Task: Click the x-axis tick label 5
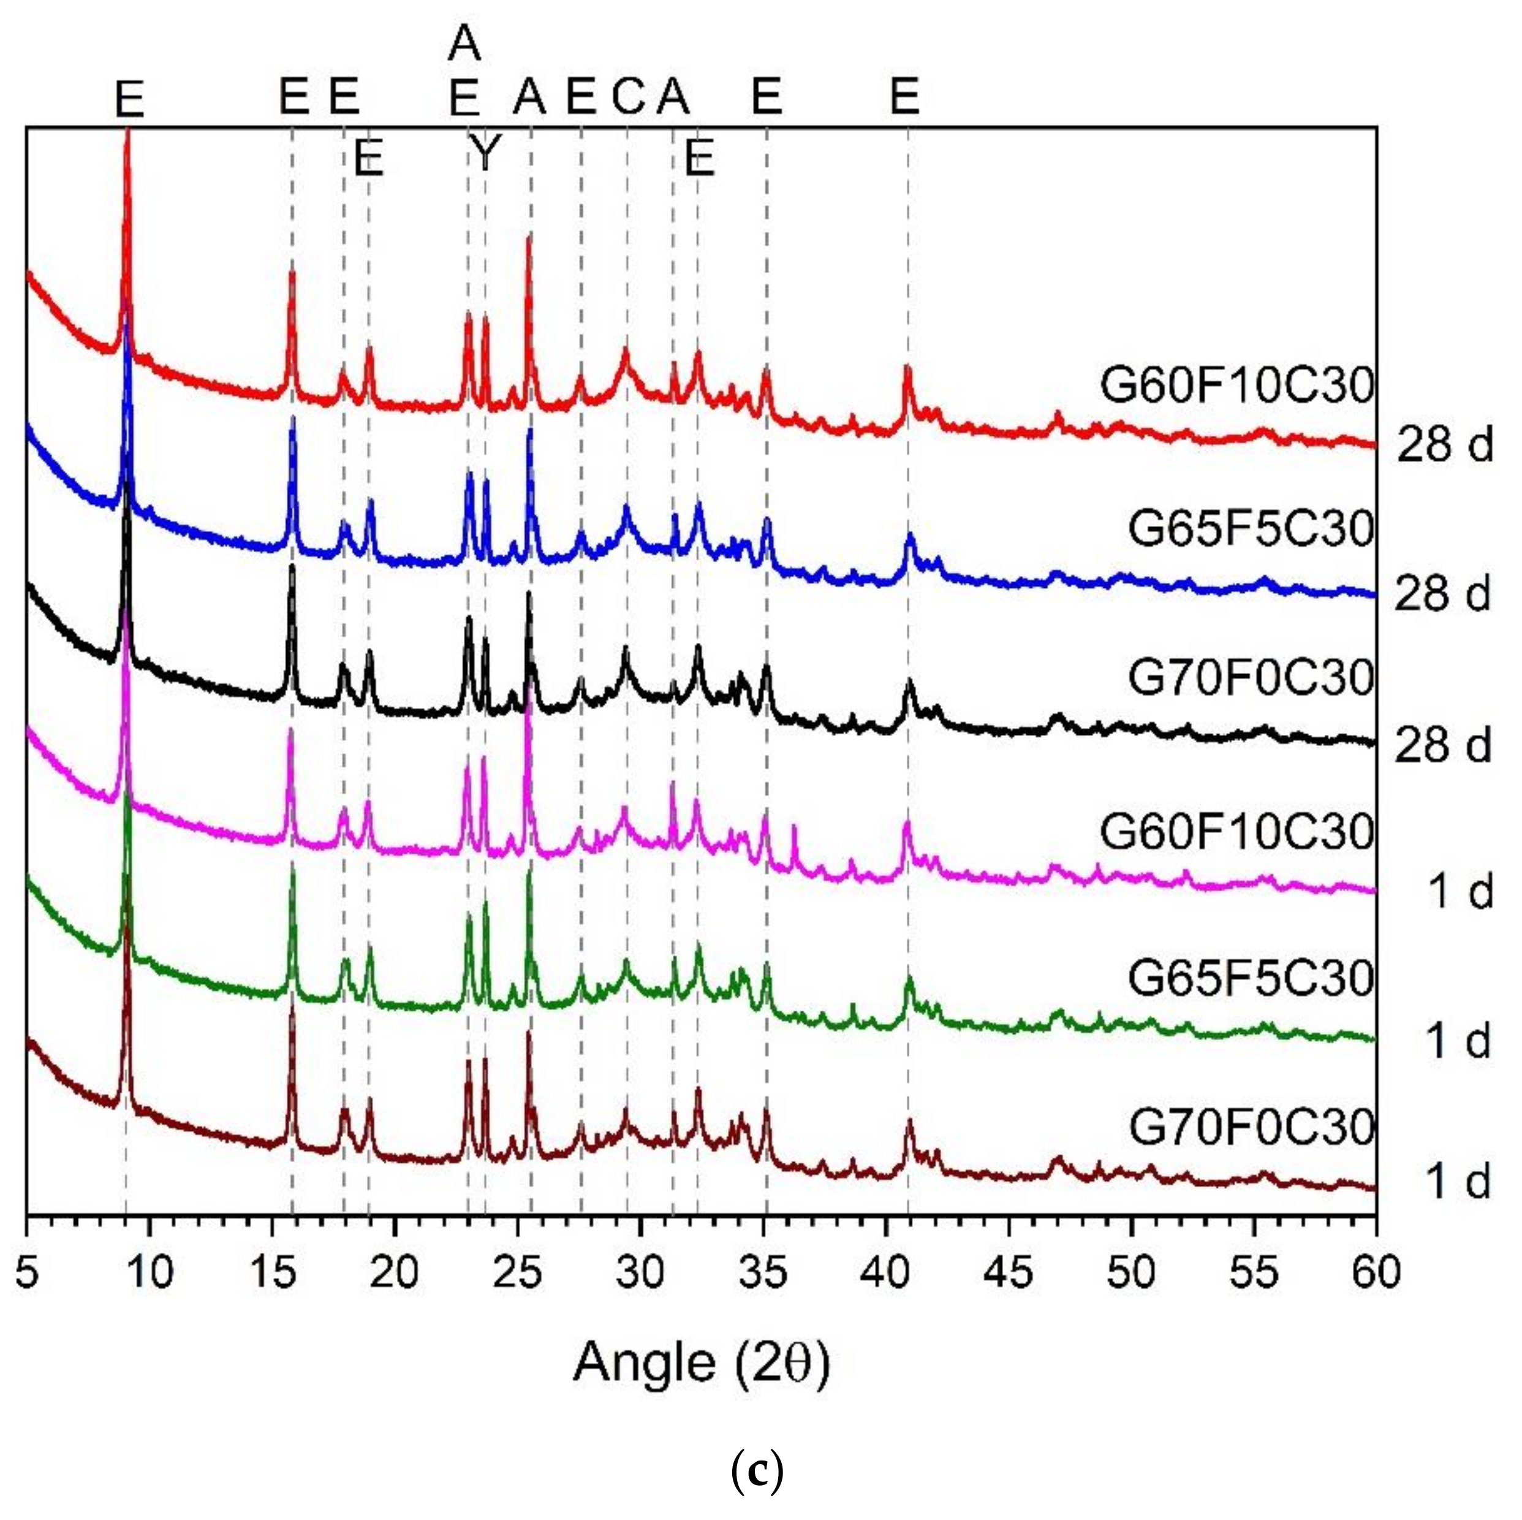pos(27,1272)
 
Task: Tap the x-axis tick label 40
pos(886,1272)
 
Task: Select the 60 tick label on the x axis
pos(1376,1272)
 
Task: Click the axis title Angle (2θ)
pos(701,1362)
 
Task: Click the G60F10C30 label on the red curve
pos(1237,386)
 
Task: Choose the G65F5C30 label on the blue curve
pos(1251,528)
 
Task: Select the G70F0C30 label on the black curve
pos(1251,678)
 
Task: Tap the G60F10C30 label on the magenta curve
pos(1237,831)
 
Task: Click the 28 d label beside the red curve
pos(1445,445)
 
